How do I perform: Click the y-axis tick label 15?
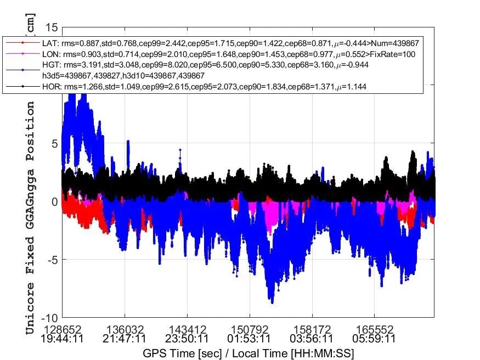[x=51, y=27]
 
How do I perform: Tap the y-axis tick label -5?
[x=51, y=260]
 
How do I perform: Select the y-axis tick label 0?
[x=54, y=201]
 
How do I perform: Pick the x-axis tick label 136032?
[x=125, y=329]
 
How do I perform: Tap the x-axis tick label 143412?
[x=187, y=329]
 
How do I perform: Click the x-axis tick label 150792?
[x=250, y=329]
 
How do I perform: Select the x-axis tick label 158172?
[x=312, y=329]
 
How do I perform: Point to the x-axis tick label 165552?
[x=375, y=329]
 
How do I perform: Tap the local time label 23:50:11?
[x=187, y=339]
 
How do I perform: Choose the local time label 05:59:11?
[x=375, y=339]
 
